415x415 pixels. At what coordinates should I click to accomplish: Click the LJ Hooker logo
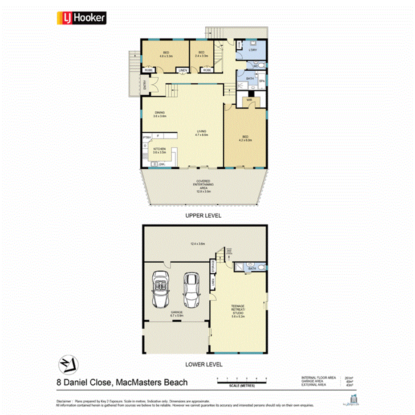(81, 18)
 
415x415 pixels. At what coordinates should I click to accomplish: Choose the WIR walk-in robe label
(249, 100)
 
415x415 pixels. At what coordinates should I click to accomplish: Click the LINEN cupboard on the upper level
(183, 70)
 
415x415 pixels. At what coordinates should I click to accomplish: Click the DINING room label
(159, 114)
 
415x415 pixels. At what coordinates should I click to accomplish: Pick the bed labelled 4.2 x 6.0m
(245, 138)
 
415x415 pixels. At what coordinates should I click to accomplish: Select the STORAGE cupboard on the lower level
(214, 267)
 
